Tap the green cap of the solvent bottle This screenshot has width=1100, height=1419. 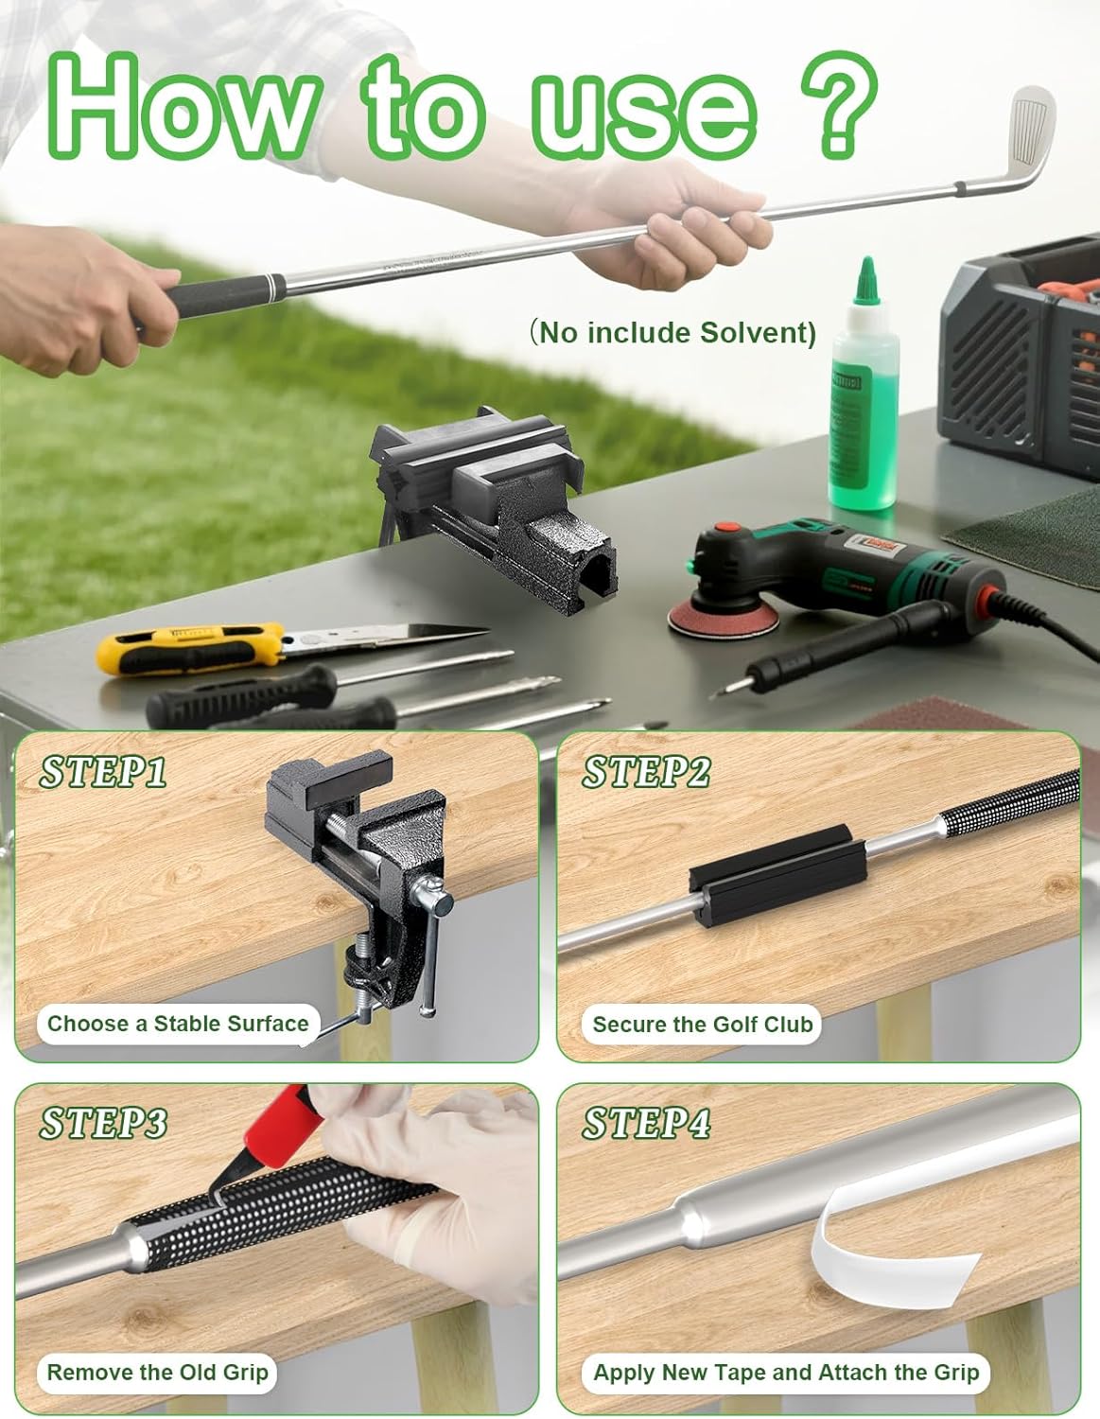point(866,280)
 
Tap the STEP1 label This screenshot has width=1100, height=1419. point(102,772)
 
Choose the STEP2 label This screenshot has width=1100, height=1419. point(646,772)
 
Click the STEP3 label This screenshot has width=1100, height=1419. point(103,1122)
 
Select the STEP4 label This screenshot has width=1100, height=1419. point(646,1122)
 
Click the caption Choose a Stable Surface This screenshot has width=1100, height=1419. point(178,1023)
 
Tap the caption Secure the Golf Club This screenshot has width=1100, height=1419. point(703,1024)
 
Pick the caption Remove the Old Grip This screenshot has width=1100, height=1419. point(157,1372)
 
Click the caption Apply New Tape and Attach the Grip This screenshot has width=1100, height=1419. point(786,1372)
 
